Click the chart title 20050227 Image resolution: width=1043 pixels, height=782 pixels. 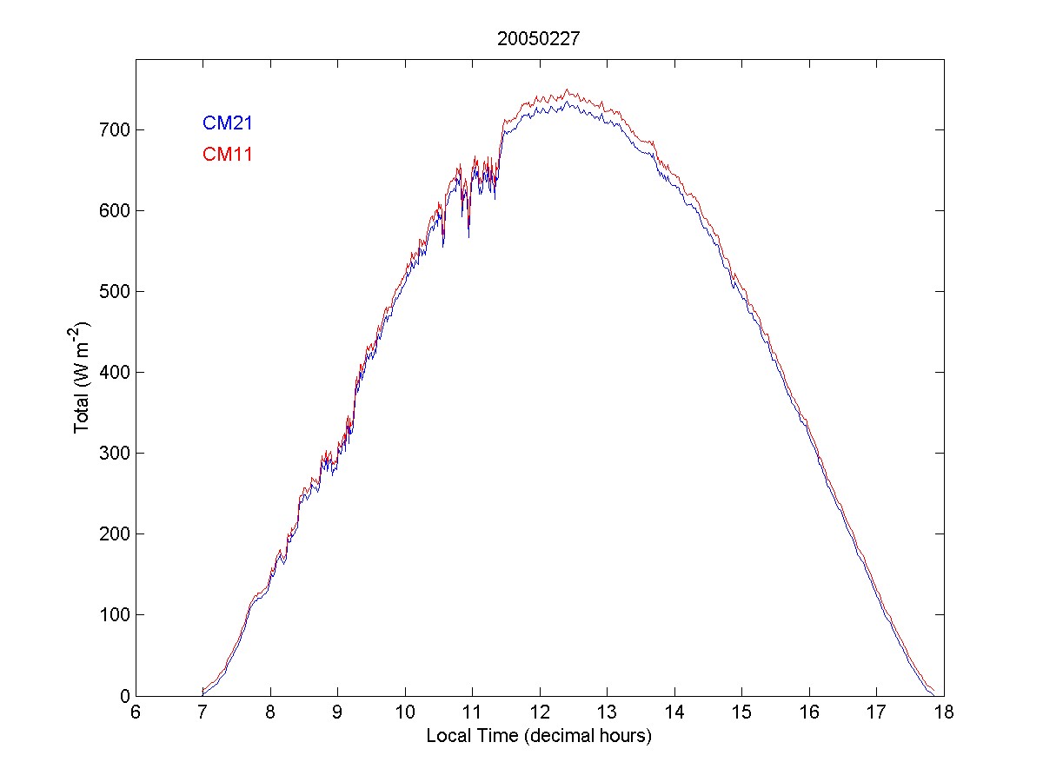point(539,38)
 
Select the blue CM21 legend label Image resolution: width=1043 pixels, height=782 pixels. point(227,123)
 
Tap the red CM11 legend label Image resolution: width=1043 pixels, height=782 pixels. point(227,155)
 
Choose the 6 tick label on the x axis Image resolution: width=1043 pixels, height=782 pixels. point(136,712)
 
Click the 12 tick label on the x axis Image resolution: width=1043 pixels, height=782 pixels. point(539,712)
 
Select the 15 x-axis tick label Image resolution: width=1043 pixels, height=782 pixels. point(741,712)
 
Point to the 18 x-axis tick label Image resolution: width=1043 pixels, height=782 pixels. point(943,712)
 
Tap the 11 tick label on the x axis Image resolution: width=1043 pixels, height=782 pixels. point(472,712)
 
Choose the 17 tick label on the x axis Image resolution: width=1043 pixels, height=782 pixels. point(875,712)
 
